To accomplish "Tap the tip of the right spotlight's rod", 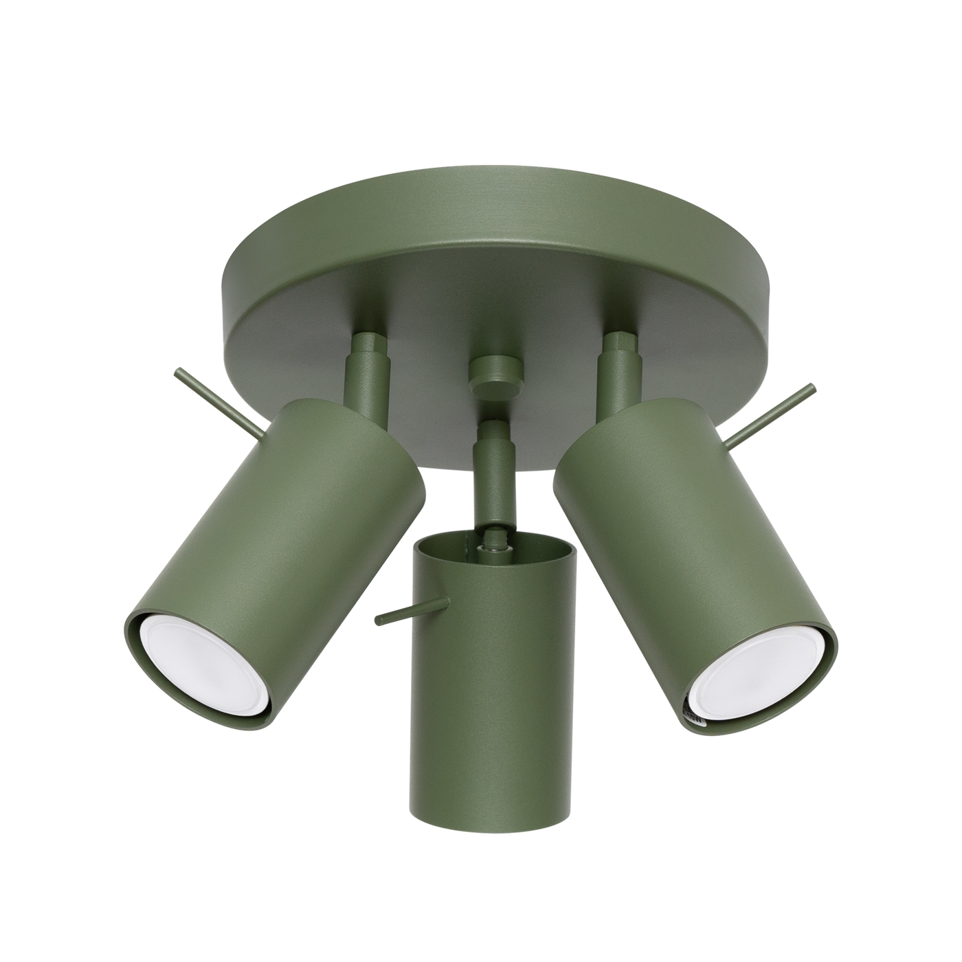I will (x=812, y=388).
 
